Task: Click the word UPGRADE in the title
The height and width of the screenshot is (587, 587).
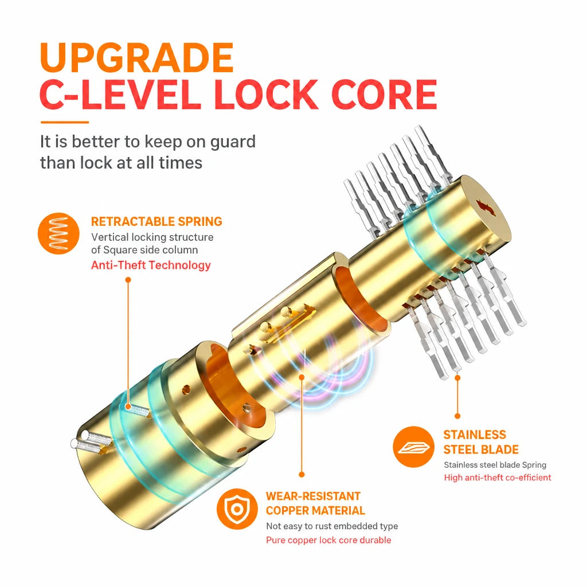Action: [136, 58]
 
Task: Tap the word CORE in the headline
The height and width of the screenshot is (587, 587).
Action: [385, 95]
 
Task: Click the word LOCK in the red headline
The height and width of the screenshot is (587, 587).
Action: [266, 95]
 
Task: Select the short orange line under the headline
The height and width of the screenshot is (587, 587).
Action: [64, 122]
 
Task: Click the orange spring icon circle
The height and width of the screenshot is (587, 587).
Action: [58, 234]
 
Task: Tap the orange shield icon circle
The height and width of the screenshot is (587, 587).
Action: [237, 509]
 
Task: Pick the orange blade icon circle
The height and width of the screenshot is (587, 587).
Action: [414, 447]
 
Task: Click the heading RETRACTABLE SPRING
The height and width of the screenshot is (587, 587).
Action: [156, 222]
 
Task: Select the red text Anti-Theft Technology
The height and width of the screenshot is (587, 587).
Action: [151, 265]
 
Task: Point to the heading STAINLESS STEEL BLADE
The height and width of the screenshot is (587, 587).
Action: [481, 442]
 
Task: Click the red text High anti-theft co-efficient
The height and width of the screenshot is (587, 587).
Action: [498, 478]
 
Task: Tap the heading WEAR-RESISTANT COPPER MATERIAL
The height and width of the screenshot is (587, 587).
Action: [315, 503]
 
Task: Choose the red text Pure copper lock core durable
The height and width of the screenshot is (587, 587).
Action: [328, 540]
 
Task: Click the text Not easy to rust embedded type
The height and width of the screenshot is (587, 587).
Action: [332, 526]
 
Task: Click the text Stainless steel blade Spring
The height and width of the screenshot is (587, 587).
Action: [495, 465]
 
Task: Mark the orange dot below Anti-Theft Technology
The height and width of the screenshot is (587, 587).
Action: [128, 280]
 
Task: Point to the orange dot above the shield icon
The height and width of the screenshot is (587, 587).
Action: [302, 475]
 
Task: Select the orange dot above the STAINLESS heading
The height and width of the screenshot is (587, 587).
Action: [457, 416]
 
